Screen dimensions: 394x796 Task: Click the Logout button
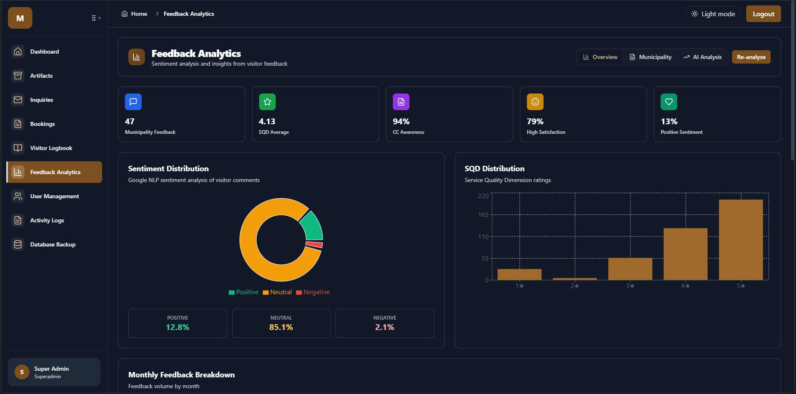(763, 14)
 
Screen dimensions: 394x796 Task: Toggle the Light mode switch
(713, 14)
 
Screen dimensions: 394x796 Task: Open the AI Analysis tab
(703, 57)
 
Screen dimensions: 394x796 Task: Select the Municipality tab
(651, 57)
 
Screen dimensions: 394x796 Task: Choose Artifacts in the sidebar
(41, 76)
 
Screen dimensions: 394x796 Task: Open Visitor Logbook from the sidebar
(51, 148)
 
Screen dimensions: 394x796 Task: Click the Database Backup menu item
(52, 244)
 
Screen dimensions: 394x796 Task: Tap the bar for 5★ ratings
(741, 239)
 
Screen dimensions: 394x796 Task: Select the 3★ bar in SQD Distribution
(630, 269)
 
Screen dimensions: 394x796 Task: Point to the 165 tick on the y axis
(483, 215)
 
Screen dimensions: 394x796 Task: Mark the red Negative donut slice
(314, 244)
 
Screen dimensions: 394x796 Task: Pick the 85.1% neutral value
(281, 327)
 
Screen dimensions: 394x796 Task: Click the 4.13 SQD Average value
(267, 121)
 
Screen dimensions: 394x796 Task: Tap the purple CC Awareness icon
(401, 102)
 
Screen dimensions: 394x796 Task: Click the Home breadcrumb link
(139, 14)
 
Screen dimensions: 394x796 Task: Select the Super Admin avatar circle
(22, 372)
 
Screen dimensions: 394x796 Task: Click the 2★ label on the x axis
(575, 286)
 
